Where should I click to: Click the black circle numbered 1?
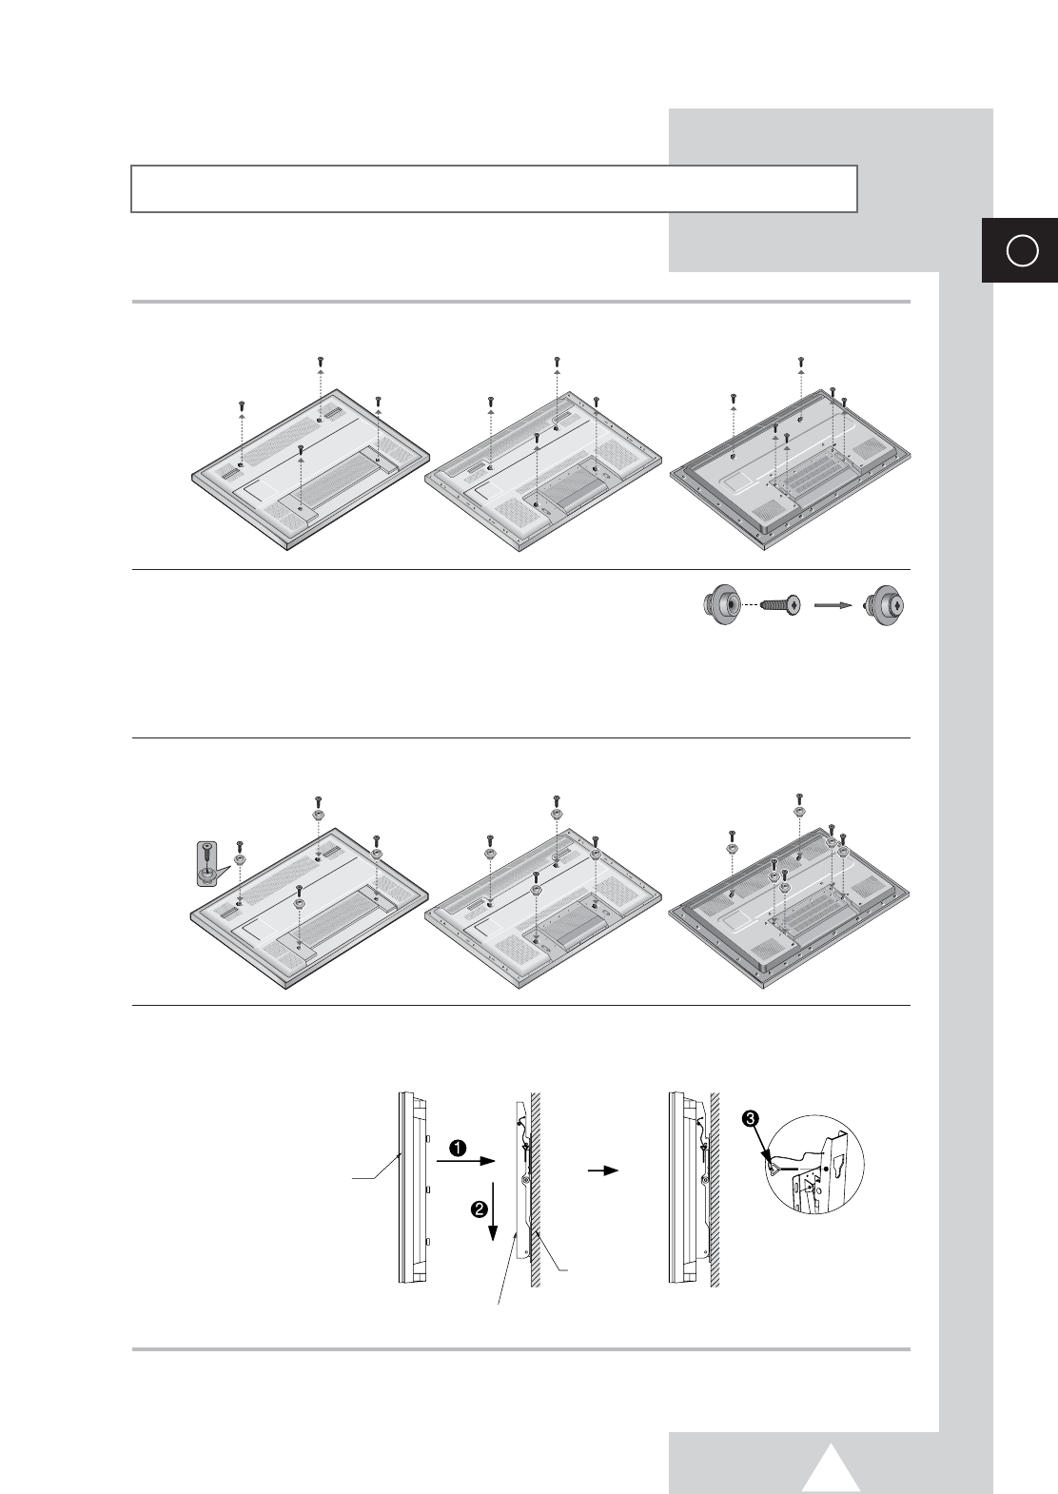click(x=458, y=1148)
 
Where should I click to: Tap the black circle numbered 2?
click(x=479, y=1209)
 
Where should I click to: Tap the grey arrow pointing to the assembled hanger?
click(x=834, y=605)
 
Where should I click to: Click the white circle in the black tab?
click(x=1022, y=251)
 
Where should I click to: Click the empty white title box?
click(x=494, y=188)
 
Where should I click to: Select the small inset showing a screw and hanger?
click(x=208, y=864)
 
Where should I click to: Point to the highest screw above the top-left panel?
click(x=320, y=361)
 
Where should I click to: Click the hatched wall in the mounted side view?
click(x=715, y=1189)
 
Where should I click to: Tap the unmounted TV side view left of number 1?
click(x=415, y=1188)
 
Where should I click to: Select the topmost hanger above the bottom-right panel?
click(x=798, y=812)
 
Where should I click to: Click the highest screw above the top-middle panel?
click(x=557, y=361)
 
